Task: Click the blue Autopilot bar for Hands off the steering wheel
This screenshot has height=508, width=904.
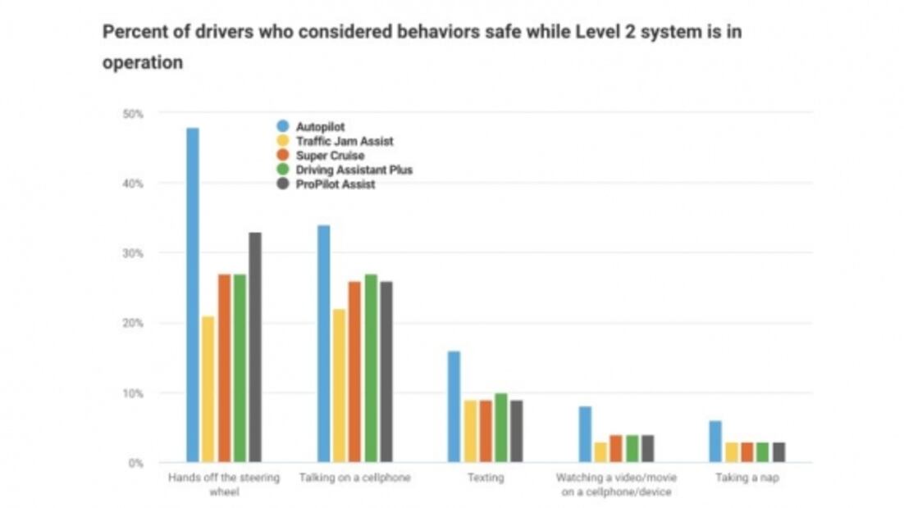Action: (193, 295)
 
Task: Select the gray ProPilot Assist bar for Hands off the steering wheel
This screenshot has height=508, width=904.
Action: (255, 347)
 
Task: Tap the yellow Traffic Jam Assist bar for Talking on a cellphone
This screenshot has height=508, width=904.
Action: (339, 386)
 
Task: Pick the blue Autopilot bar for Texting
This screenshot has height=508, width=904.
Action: (454, 406)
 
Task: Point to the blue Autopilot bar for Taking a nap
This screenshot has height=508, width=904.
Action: (715, 442)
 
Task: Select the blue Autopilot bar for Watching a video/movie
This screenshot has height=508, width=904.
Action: (585, 434)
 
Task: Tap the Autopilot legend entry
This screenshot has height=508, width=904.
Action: (319, 127)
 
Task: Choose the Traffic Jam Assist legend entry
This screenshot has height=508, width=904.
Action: (344, 141)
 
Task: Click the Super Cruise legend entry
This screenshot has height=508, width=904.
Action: (329, 156)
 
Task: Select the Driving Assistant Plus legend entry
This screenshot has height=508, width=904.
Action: (354, 170)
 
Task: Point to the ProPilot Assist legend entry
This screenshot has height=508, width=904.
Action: (335, 184)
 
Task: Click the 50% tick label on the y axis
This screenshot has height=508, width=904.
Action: (133, 114)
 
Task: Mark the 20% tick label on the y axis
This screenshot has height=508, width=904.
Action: (133, 324)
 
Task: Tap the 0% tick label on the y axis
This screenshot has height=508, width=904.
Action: (135, 464)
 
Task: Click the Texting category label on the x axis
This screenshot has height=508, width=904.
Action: (485, 477)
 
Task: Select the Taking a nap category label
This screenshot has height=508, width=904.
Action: (746, 477)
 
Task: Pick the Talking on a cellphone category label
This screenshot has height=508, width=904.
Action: (354, 477)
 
